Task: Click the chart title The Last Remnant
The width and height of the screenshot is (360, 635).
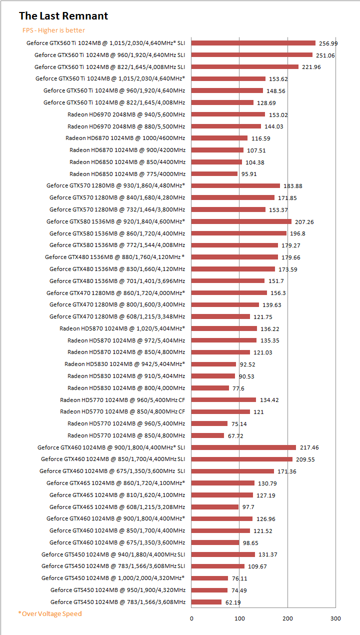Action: pos(63,16)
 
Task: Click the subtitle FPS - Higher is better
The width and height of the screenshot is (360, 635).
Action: pos(53,30)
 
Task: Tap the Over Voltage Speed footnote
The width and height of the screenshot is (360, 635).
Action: pos(49,613)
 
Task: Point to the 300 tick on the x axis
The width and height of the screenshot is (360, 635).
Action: pos(335,618)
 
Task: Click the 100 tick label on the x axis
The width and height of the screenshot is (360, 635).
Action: pos(239,618)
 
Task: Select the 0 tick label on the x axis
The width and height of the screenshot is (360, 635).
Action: pos(191,618)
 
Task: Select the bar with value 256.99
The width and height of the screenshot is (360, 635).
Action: pos(253,43)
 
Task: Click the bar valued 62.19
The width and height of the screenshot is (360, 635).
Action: pos(206,602)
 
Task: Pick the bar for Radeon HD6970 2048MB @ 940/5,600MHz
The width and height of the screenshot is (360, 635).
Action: pos(228,114)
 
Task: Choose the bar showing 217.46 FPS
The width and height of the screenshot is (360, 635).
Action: pos(243,447)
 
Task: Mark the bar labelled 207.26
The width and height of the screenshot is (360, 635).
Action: pos(241,221)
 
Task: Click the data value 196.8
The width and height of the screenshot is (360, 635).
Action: pos(297,233)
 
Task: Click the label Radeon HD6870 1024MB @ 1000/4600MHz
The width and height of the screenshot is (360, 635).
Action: pos(125,138)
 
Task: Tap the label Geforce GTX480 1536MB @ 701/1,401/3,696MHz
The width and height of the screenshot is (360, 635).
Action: pos(117,281)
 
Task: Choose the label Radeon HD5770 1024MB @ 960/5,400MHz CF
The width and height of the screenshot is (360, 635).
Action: pos(122,400)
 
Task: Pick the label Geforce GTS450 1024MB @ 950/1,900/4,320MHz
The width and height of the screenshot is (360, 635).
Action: pos(118,590)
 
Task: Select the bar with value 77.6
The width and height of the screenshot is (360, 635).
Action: pos(210,388)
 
